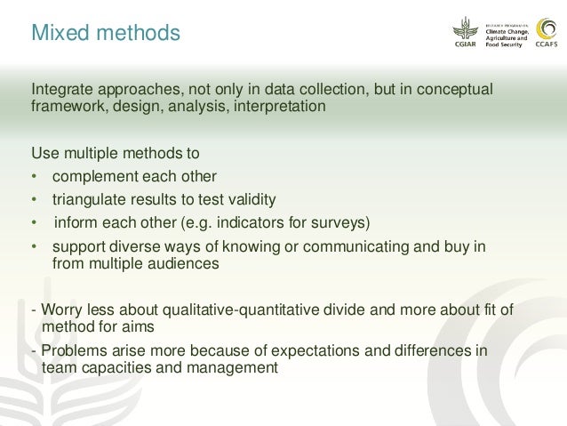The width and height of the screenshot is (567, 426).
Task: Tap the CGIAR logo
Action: tap(466, 34)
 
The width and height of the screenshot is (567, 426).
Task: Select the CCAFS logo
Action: tap(547, 34)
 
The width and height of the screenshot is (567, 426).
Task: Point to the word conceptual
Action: tap(450, 90)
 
